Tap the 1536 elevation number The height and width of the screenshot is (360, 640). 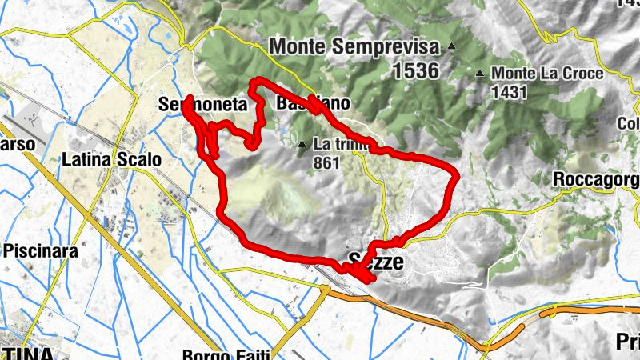click(416, 71)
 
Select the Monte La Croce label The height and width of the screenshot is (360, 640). click(547, 74)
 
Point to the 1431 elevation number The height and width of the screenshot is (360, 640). click(509, 92)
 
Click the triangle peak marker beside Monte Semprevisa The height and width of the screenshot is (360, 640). click(452, 46)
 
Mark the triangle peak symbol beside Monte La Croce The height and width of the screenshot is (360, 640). click(480, 74)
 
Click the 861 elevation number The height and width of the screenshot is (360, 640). click(327, 162)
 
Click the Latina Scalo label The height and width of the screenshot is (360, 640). click(111, 159)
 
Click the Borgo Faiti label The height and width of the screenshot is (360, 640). click(226, 354)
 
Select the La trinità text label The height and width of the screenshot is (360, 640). click(341, 145)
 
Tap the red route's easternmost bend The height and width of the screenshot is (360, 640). click(457, 175)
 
